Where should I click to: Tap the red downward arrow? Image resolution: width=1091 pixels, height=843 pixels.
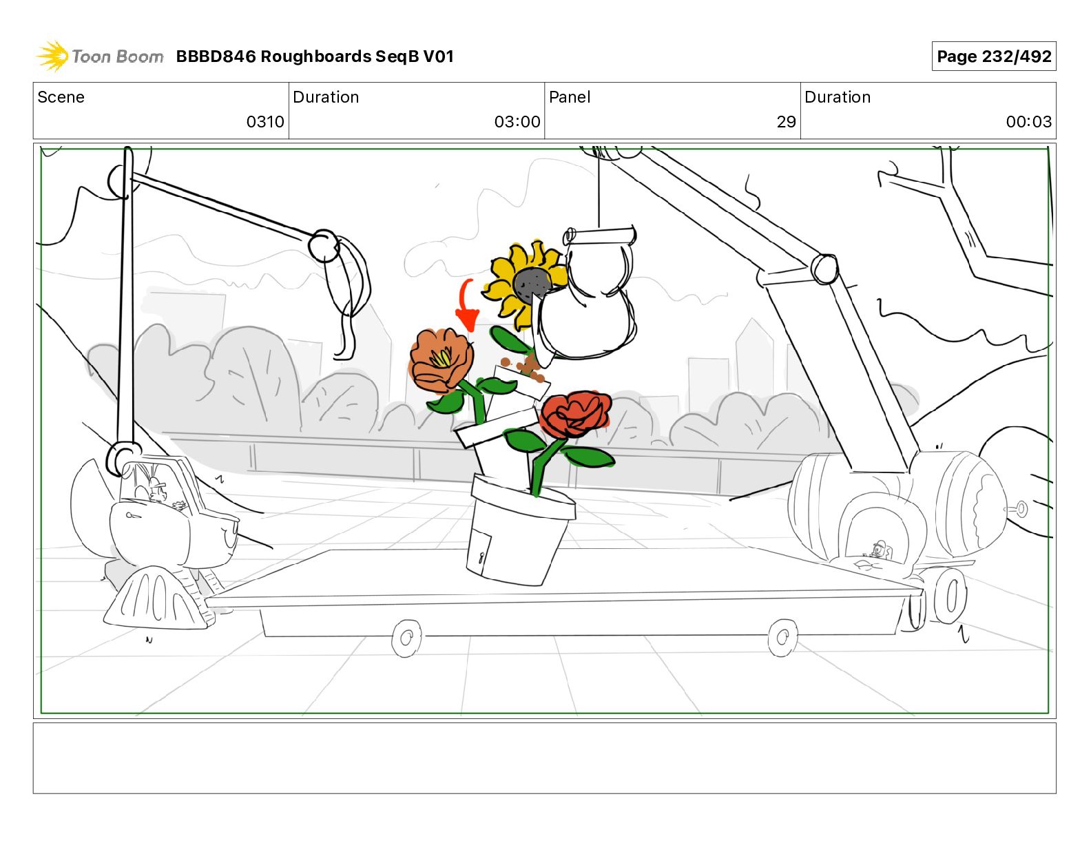coord(467,306)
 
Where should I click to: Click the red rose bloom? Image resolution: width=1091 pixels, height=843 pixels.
coord(575,414)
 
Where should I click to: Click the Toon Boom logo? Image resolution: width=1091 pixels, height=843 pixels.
coord(101,56)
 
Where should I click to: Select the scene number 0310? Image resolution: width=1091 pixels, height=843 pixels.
coord(265,122)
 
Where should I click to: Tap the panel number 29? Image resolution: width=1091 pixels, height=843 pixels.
coord(786,122)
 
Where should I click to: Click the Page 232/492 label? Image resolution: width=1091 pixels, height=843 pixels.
coord(993,56)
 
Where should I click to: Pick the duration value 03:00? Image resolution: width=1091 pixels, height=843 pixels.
coord(517,122)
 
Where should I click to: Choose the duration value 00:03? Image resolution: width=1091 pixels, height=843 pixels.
coord(1028,122)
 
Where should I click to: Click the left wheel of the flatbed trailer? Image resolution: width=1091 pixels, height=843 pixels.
coord(406,638)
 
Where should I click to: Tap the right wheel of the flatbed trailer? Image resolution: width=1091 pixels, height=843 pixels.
coord(782,637)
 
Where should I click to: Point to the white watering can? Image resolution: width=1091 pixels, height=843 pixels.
coord(589,303)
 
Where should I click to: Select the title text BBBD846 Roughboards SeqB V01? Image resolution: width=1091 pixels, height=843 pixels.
coord(315,56)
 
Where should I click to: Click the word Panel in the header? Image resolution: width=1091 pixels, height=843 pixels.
coord(570,97)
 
